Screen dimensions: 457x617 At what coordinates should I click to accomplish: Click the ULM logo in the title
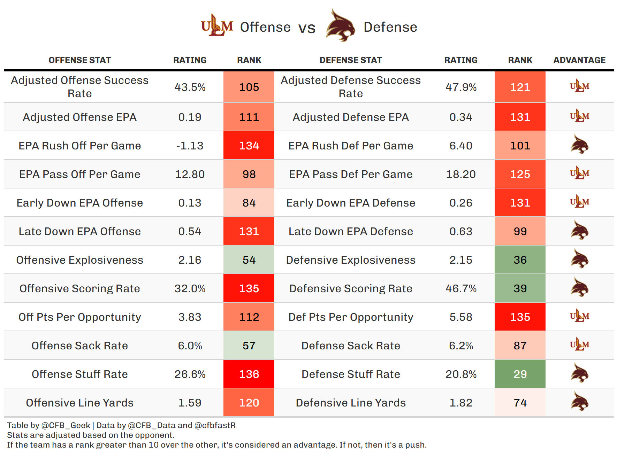(217, 26)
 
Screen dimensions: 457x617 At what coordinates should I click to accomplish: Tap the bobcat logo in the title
(340, 26)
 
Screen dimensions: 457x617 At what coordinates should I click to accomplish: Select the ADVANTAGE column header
(579, 60)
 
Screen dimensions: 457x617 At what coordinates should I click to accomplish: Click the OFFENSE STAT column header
(79, 60)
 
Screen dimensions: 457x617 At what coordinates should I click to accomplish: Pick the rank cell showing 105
(249, 87)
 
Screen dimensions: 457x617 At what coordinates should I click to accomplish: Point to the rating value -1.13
(190, 146)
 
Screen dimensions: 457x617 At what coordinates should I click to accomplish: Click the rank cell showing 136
(249, 374)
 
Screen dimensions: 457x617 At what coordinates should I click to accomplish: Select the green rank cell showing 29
(520, 374)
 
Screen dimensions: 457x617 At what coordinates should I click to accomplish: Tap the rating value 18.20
(461, 174)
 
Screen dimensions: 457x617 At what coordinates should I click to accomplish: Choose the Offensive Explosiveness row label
(79, 260)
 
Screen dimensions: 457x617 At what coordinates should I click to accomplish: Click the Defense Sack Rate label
(351, 346)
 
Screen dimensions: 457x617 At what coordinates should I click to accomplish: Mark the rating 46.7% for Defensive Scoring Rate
(461, 288)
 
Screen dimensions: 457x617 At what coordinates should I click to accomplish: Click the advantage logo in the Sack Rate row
(579, 345)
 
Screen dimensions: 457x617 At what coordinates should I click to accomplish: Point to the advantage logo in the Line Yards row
(579, 402)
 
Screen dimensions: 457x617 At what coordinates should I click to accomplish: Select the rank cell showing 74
(520, 403)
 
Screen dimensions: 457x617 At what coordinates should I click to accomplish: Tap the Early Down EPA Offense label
(79, 203)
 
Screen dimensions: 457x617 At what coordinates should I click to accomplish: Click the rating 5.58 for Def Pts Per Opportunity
(461, 317)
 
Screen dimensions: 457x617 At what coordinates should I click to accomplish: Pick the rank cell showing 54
(249, 260)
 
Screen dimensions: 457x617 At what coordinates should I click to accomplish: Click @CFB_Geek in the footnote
(66, 425)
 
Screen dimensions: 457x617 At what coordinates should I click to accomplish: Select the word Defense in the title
(390, 27)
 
